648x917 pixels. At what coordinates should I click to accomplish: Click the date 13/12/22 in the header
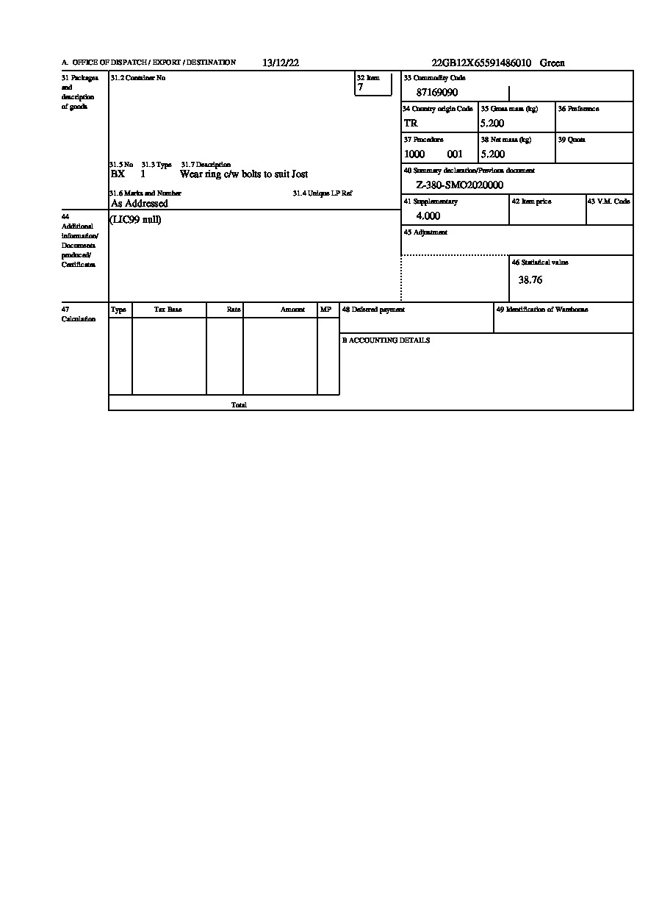point(280,63)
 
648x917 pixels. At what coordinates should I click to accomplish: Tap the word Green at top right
point(552,63)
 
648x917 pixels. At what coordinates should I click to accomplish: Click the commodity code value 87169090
point(437,93)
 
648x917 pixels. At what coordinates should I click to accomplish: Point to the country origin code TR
point(411,124)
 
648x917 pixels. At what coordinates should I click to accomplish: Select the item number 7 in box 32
point(360,88)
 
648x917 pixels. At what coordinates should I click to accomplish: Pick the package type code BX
point(118,174)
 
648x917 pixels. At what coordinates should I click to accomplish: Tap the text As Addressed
point(139,204)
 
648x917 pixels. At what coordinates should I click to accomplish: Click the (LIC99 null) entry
point(135,220)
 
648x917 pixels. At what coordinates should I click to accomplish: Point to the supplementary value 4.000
point(428,216)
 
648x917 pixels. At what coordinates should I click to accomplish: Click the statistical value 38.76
point(530,280)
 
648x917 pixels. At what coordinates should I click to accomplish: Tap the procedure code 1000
point(414,154)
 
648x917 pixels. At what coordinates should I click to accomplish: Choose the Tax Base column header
point(168,310)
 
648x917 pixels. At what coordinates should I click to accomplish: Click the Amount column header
point(292,310)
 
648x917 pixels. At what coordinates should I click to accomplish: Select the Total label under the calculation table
point(239,405)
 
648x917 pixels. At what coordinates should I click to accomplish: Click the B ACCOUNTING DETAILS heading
point(386,340)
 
